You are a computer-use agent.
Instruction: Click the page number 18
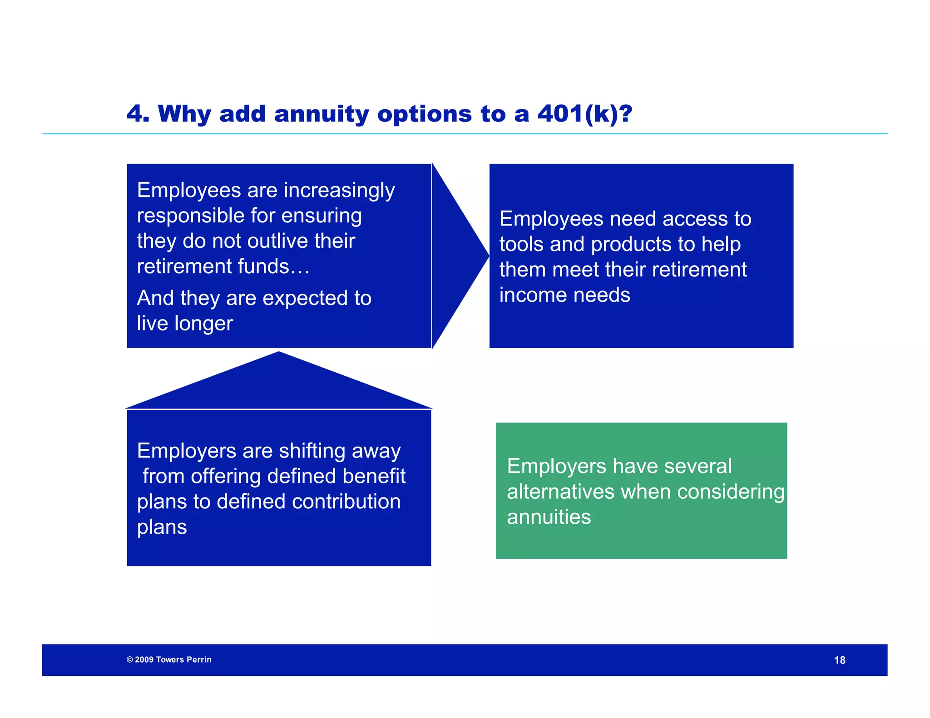click(x=839, y=660)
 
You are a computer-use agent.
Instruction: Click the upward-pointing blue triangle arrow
click(x=279, y=381)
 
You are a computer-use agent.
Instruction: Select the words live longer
click(x=185, y=324)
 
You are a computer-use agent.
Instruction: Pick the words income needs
click(x=564, y=295)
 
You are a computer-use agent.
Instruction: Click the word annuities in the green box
click(x=549, y=517)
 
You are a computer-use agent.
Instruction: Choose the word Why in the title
click(x=184, y=113)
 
